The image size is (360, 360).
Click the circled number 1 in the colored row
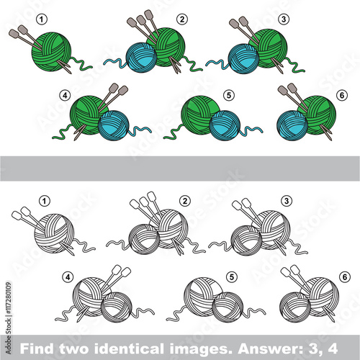pyautogui.click(x=42, y=19)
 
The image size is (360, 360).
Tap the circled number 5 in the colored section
pyautogui.click(x=229, y=95)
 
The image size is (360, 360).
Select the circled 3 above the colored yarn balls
pyautogui.click(x=284, y=19)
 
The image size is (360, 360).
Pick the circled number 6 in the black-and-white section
pyautogui.click(x=345, y=277)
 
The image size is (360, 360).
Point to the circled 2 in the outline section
pyautogui.click(x=185, y=201)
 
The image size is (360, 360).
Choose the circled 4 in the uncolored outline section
pyautogui.click(x=68, y=277)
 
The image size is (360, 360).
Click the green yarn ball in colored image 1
pyautogui.click(x=51, y=52)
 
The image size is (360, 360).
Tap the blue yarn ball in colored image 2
pyautogui.click(x=141, y=57)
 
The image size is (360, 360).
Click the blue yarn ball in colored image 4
pyautogui.click(x=114, y=125)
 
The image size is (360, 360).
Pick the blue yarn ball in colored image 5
pyautogui.click(x=225, y=125)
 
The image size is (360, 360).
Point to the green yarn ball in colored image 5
pyautogui.click(x=199, y=114)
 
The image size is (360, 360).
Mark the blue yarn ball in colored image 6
pyautogui.click(x=292, y=125)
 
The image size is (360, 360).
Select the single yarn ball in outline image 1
pyautogui.click(x=54, y=233)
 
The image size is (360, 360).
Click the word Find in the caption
pyautogui.click(x=37, y=348)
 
